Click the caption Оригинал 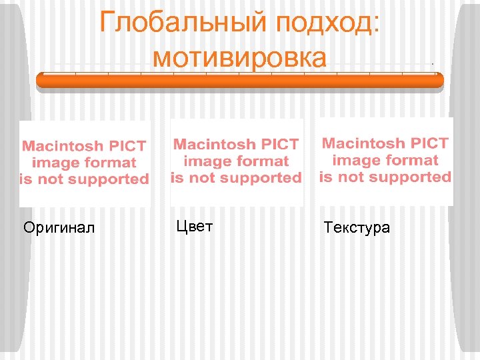click(x=59, y=228)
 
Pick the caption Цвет click(x=195, y=227)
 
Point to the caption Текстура click(x=357, y=228)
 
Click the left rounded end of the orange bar click(x=41, y=80)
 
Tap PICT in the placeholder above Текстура click(x=428, y=143)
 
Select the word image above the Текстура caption click(x=355, y=160)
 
